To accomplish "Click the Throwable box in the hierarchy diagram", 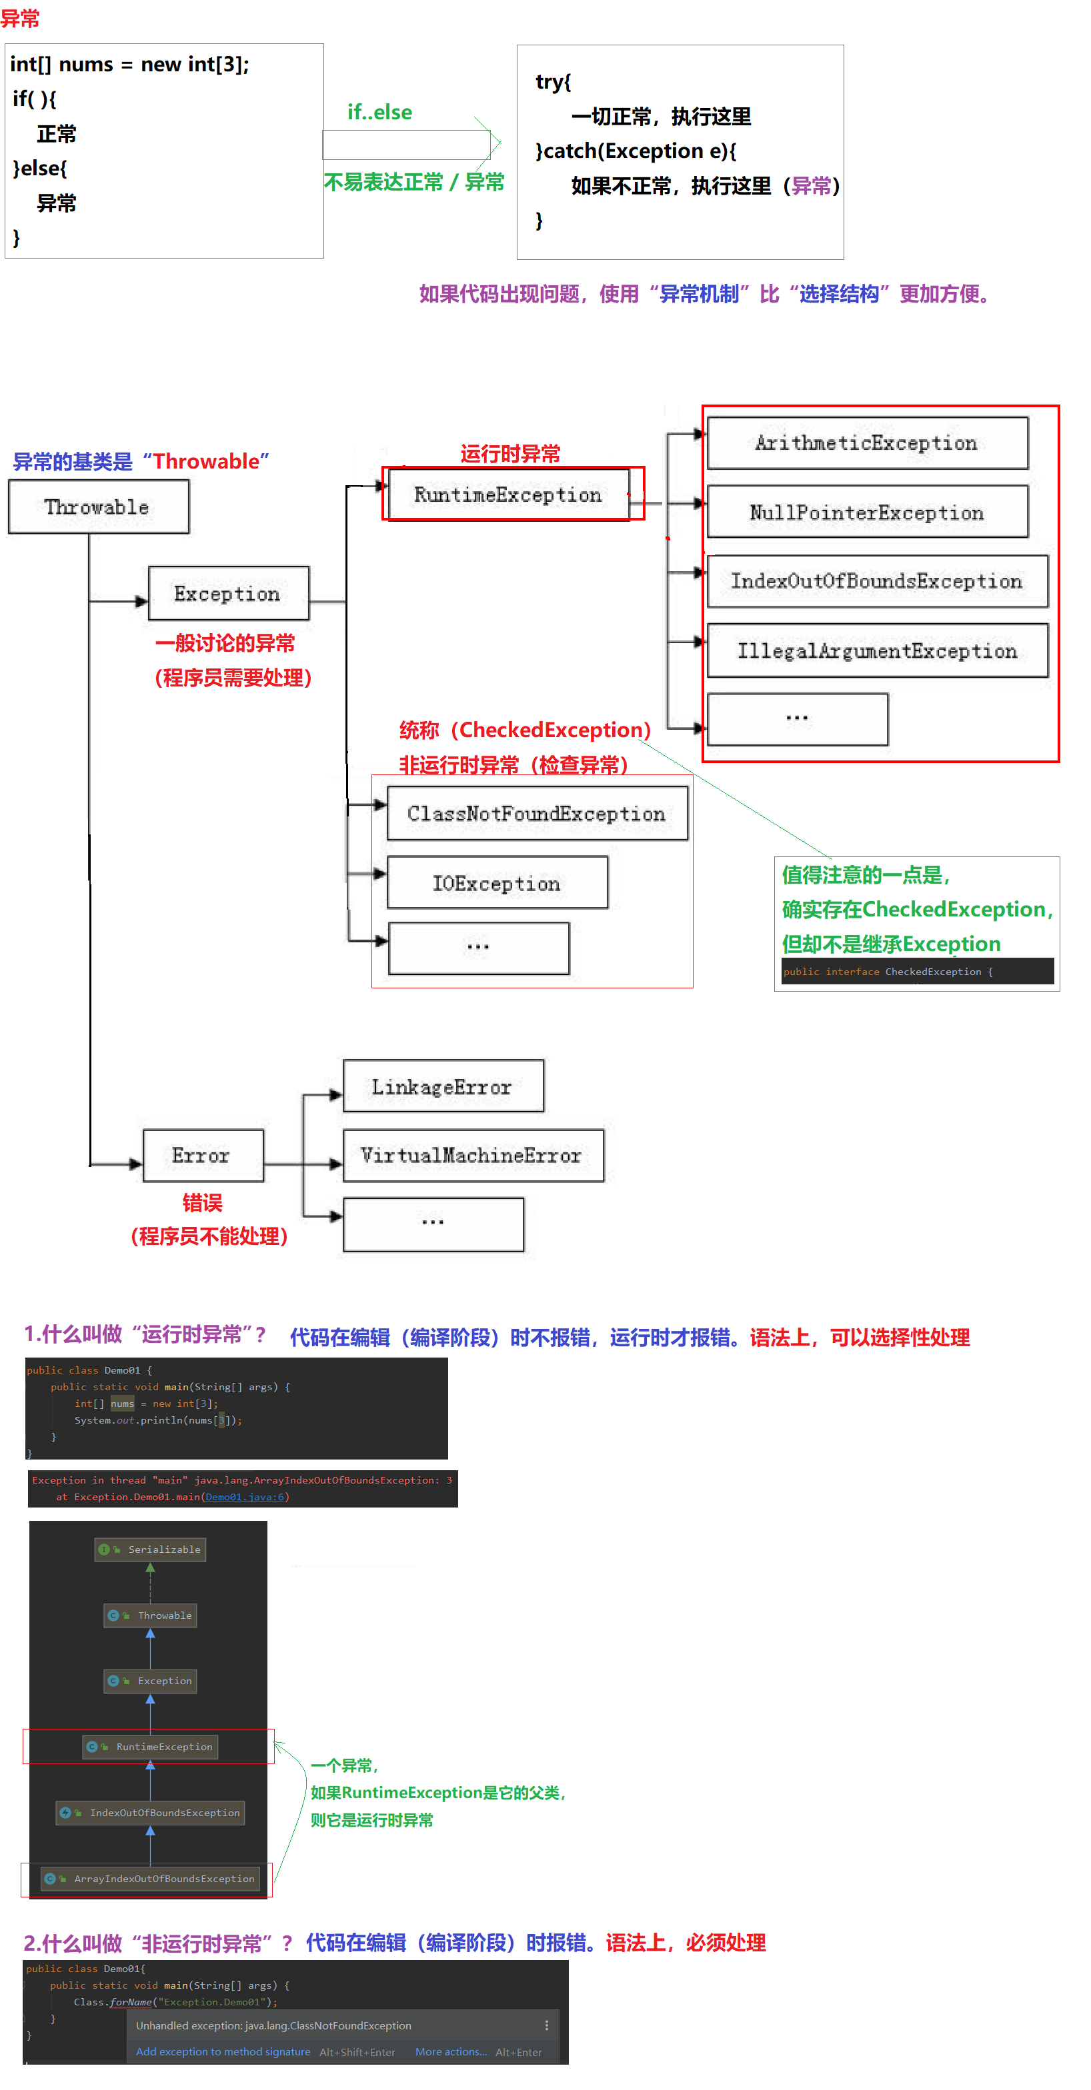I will tap(98, 507).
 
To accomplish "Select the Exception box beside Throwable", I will tap(228, 594).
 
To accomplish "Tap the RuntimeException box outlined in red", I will tap(508, 495).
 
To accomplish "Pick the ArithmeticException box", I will tap(867, 443).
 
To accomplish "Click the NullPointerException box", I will tap(867, 513).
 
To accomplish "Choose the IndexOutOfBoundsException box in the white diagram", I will tap(877, 582).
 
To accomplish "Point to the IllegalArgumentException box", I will tap(877, 650).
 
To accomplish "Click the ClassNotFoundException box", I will tap(537, 814).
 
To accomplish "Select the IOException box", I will tap(497, 884).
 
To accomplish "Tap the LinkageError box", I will tap(442, 1087).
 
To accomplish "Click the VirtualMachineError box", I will tap(472, 1156).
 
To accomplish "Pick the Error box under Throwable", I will tap(202, 1156).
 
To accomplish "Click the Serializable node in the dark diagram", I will tap(151, 1550).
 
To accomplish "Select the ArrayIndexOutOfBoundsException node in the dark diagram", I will tap(155, 1879).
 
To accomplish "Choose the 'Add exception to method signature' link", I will tap(223, 2052).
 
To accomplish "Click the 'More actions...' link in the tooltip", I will tap(451, 2052).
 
